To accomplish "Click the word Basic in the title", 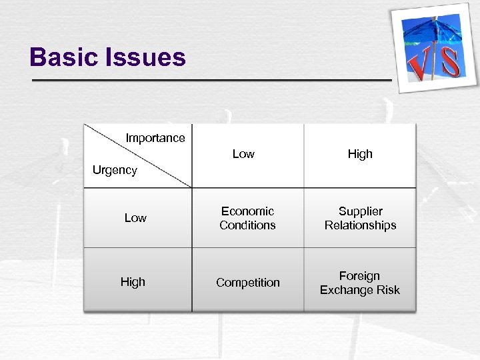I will click(x=63, y=57).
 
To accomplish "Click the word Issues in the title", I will click(x=145, y=57).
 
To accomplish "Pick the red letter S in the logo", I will click(x=451, y=61).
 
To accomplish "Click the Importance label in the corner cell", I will click(x=155, y=138).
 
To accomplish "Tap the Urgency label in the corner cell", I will click(x=115, y=170).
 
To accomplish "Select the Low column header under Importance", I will click(x=243, y=154).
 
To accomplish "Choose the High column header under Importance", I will click(x=360, y=154).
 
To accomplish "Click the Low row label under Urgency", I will click(x=135, y=218).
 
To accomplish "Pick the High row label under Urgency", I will click(x=133, y=282).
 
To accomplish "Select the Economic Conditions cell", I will click(x=247, y=218).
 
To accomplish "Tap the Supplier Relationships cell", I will click(x=360, y=218).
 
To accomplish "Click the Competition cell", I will click(x=247, y=283).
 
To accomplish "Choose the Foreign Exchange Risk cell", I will click(x=360, y=283).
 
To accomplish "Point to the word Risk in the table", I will click(x=387, y=290).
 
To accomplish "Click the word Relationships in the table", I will click(x=360, y=225).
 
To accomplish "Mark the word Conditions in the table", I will click(x=247, y=225).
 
